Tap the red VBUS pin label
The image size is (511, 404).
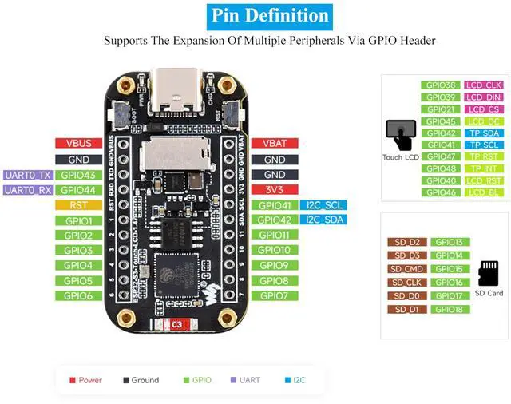77,144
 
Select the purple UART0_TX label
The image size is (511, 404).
28,175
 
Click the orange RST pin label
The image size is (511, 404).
77,205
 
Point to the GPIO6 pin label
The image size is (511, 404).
77,295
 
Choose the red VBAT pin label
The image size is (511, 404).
275,144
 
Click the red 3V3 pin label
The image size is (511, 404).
275,190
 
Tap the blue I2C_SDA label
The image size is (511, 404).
323,220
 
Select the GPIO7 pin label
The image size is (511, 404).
275,295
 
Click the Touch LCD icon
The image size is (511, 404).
400,134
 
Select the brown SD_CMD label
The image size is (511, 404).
407,269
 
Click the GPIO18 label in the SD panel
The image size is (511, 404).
450,309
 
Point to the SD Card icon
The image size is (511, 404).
489,274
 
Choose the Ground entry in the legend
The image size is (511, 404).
141,380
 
